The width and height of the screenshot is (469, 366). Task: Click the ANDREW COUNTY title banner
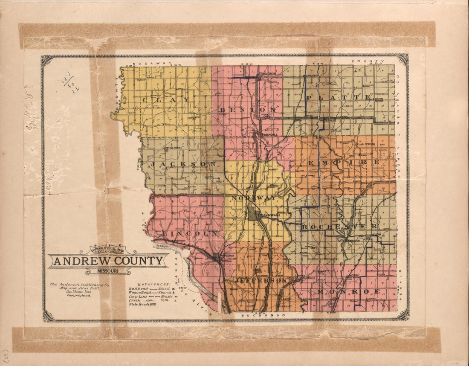click(108, 261)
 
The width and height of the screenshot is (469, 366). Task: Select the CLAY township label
click(166, 99)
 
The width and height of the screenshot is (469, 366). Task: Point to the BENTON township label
click(248, 110)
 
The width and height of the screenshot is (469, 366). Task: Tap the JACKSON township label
click(183, 164)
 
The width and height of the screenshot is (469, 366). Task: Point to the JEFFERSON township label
click(255, 280)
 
